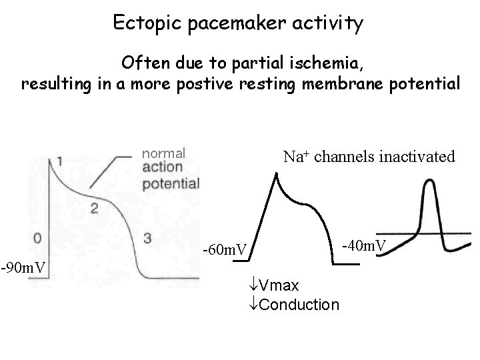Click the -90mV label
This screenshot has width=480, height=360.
point(23,267)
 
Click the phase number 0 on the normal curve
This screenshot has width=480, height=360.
point(39,237)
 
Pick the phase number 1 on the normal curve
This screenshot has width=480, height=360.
point(61,161)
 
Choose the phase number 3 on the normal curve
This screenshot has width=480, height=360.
point(148,237)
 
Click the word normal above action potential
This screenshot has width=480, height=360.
point(164,153)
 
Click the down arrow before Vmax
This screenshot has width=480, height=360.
point(252,286)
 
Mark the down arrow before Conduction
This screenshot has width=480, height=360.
point(252,305)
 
